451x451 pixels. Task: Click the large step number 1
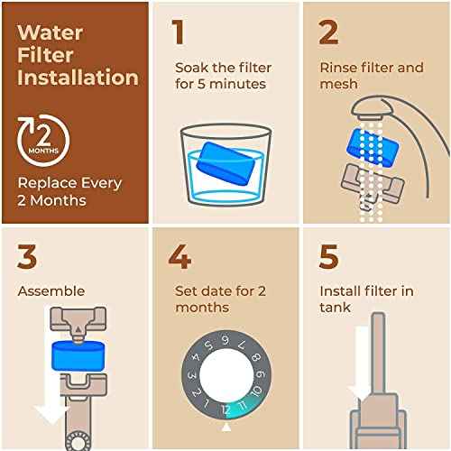(x=179, y=32)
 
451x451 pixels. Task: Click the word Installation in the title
(x=78, y=77)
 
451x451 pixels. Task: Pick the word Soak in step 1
(x=189, y=67)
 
